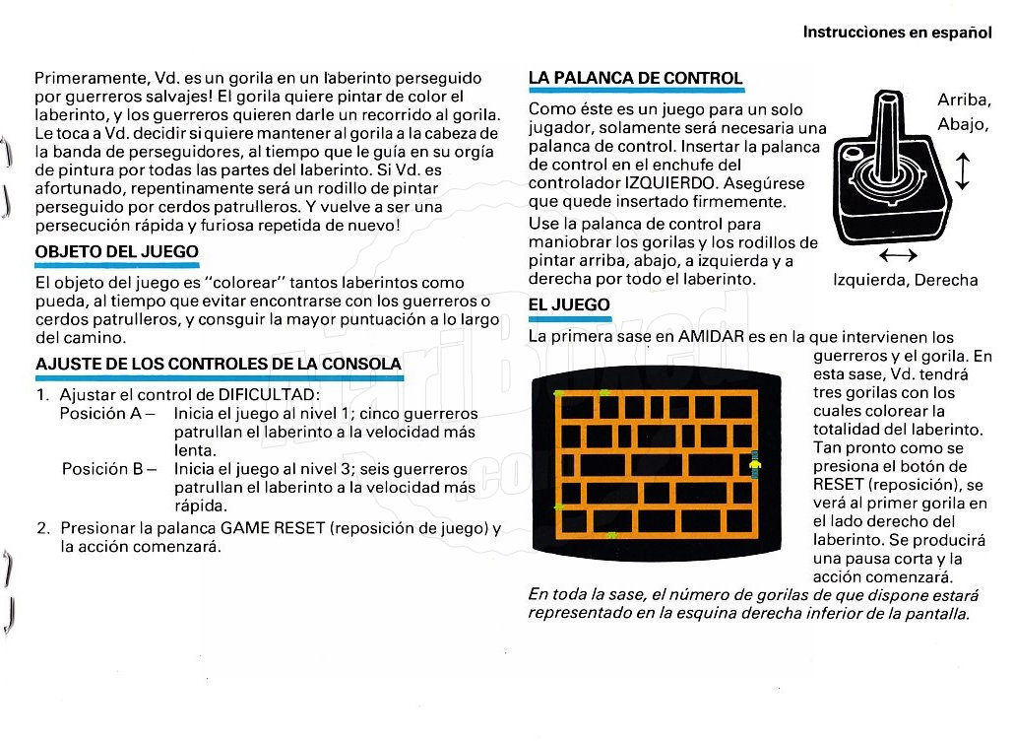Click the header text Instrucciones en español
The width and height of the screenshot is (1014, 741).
tap(897, 32)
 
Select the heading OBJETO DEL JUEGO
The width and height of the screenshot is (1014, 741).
tap(116, 252)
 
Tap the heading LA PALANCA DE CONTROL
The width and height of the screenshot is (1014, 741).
tap(635, 78)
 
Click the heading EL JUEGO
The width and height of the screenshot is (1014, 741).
tap(568, 305)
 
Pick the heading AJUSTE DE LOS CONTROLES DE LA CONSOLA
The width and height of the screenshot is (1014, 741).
tap(219, 365)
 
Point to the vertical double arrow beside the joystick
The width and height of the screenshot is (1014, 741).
tap(963, 168)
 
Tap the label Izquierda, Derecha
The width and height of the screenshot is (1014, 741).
tap(905, 280)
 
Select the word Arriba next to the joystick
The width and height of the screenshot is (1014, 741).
tap(963, 101)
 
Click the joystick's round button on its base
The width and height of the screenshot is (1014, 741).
tap(850, 156)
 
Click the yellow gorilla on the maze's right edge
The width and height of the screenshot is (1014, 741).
tap(755, 462)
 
